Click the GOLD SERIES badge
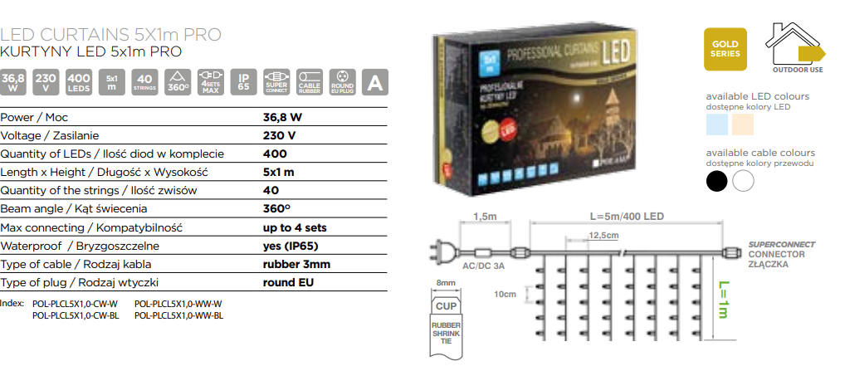click(725, 49)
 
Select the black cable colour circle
click(716, 180)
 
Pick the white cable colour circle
click(743, 180)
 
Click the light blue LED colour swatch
click(716, 124)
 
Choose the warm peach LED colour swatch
click(742, 124)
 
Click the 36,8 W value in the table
click(281, 117)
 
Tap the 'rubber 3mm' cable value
click(291, 264)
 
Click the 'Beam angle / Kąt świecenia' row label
click(75, 209)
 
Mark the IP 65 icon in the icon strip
click(243, 81)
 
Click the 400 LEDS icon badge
click(78, 81)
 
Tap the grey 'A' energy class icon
click(375, 81)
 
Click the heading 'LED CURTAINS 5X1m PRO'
click(111, 35)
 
